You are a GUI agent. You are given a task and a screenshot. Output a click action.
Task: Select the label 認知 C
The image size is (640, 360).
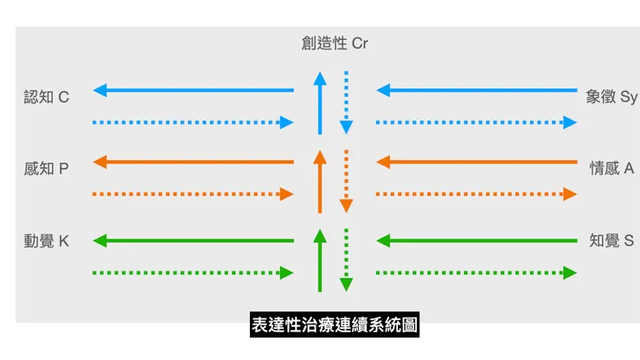point(47,97)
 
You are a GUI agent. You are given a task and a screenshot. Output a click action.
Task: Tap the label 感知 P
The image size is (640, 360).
point(47,169)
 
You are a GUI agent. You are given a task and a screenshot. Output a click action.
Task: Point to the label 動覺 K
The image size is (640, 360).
point(47,241)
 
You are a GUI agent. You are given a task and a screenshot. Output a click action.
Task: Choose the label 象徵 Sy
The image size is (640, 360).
point(611,97)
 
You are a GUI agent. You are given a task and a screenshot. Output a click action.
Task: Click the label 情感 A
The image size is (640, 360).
point(611,169)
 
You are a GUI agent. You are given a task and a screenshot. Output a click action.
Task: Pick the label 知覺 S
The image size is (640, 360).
point(611,241)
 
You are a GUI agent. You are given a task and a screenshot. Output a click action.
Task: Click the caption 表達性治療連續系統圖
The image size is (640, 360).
point(334,325)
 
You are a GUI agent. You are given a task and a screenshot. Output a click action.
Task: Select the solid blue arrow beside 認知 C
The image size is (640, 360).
point(194,90)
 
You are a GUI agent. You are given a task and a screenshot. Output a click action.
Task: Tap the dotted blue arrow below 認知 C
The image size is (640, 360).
point(194,123)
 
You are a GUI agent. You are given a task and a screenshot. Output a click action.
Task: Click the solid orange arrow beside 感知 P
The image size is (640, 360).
point(194,162)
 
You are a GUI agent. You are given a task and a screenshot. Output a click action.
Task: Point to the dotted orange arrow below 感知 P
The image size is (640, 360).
point(194,195)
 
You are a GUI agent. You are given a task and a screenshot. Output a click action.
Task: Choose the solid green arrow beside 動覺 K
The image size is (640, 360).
point(194,241)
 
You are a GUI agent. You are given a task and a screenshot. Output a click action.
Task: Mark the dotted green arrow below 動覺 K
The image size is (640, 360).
point(194,273)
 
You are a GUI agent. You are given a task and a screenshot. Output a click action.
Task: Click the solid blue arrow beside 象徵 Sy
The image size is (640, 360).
point(477,90)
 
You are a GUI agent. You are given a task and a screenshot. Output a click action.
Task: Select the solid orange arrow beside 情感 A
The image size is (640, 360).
point(477,162)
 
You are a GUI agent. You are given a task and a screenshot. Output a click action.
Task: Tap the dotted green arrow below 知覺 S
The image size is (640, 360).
point(477,273)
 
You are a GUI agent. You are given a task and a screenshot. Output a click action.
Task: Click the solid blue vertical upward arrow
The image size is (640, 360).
point(320,103)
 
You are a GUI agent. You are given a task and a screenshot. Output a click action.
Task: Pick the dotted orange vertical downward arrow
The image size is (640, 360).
point(346,181)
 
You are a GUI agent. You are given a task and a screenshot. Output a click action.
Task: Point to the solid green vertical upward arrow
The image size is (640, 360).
point(320,260)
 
